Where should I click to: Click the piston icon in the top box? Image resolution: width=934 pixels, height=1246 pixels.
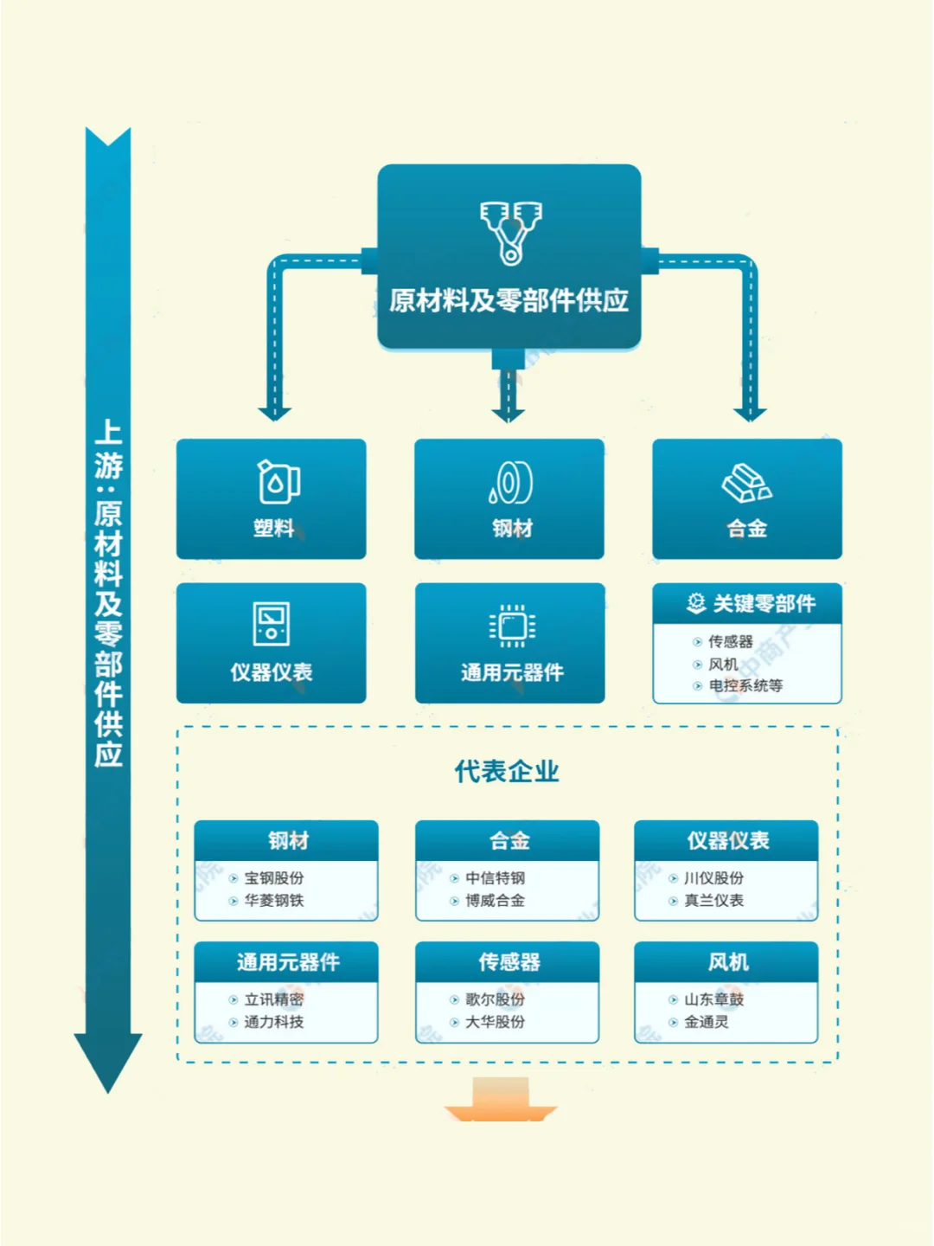(x=510, y=232)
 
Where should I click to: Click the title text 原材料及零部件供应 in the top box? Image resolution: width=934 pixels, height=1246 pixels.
(x=509, y=300)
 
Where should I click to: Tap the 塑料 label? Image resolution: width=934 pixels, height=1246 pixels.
(x=273, y=528)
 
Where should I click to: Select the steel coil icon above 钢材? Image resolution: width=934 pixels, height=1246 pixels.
(x=511, y=482)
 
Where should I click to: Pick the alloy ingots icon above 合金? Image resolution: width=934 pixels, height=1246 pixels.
(x=746, y=483)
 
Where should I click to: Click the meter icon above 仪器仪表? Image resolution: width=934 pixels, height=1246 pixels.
(x=272, y=624)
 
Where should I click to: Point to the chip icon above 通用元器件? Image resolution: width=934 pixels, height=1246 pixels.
(x=512, y=626)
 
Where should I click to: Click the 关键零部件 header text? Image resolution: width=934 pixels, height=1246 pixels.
(x=763, y=603)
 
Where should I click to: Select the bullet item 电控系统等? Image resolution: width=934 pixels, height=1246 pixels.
(x=745, y=685)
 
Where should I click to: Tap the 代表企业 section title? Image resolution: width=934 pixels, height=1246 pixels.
(x=507, y=771)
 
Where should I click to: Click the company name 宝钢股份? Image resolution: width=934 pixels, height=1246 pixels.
(x=274, y=877)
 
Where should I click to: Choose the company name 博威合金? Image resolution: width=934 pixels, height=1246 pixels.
(x=495, y=900)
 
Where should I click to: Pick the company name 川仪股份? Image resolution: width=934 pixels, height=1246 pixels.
(x=713, y=877)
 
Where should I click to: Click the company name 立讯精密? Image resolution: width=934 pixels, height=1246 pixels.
(x=274, y=999)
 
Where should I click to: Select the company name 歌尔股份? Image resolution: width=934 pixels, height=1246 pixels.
(x=495, y=999)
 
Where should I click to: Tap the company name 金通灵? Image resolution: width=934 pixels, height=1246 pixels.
(x=707, y=1021)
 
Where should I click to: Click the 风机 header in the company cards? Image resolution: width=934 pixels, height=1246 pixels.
(x=727, y=961)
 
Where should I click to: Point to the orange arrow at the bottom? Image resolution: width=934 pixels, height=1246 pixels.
(x=501, y=1101)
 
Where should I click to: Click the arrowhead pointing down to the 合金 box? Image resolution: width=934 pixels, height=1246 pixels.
(x=750, y=414)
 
